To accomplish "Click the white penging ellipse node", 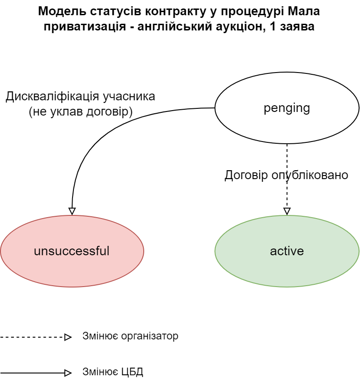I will (x=287, y=108).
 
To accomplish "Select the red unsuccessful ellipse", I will (x=72, y=251).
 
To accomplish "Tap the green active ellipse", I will (x=287, y=251).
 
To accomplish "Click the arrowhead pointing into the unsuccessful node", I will (x=72, y=211).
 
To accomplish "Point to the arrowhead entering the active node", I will (x=287, y=211).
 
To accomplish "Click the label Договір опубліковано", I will (x=286, y=175).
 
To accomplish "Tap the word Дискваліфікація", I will (x=53, y=97).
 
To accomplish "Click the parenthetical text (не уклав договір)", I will (x=81, y=112).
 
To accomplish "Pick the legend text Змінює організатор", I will (x=130, y=336).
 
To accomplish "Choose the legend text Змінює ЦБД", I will (x=113, y=372).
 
